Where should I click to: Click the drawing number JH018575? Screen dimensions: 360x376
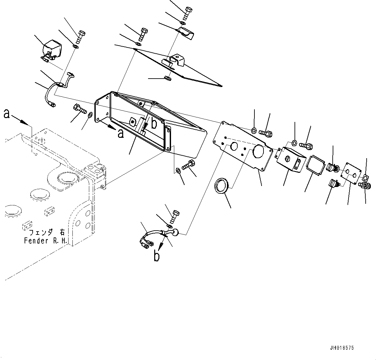point(342,348)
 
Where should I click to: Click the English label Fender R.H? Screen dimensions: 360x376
point(45,241)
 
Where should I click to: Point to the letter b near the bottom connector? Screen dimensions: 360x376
point(156,256)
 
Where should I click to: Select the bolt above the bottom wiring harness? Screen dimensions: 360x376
point(175,216)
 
